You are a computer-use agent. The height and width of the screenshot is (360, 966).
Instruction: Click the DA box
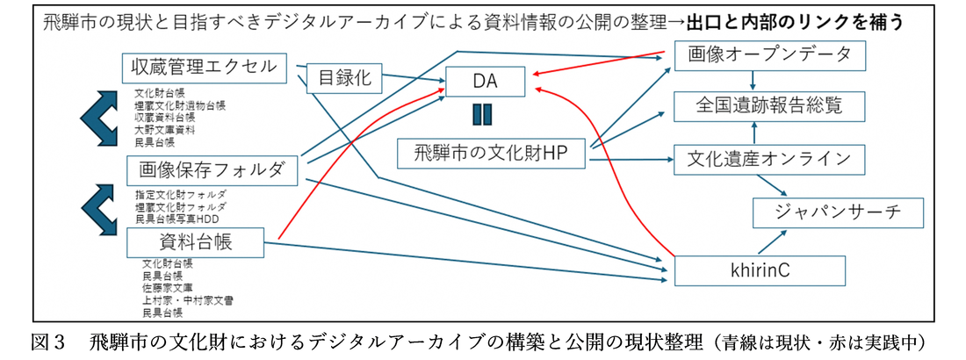[486, 83]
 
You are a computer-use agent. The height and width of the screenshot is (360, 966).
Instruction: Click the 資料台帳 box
[195, 241]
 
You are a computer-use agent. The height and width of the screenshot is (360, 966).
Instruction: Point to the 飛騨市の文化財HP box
[493, 154]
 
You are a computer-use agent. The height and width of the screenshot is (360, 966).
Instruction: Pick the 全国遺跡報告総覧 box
[770, 106]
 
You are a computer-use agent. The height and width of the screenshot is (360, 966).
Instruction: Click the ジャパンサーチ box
[839, 212]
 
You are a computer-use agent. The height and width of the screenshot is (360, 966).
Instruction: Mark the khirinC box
[760, 270]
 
